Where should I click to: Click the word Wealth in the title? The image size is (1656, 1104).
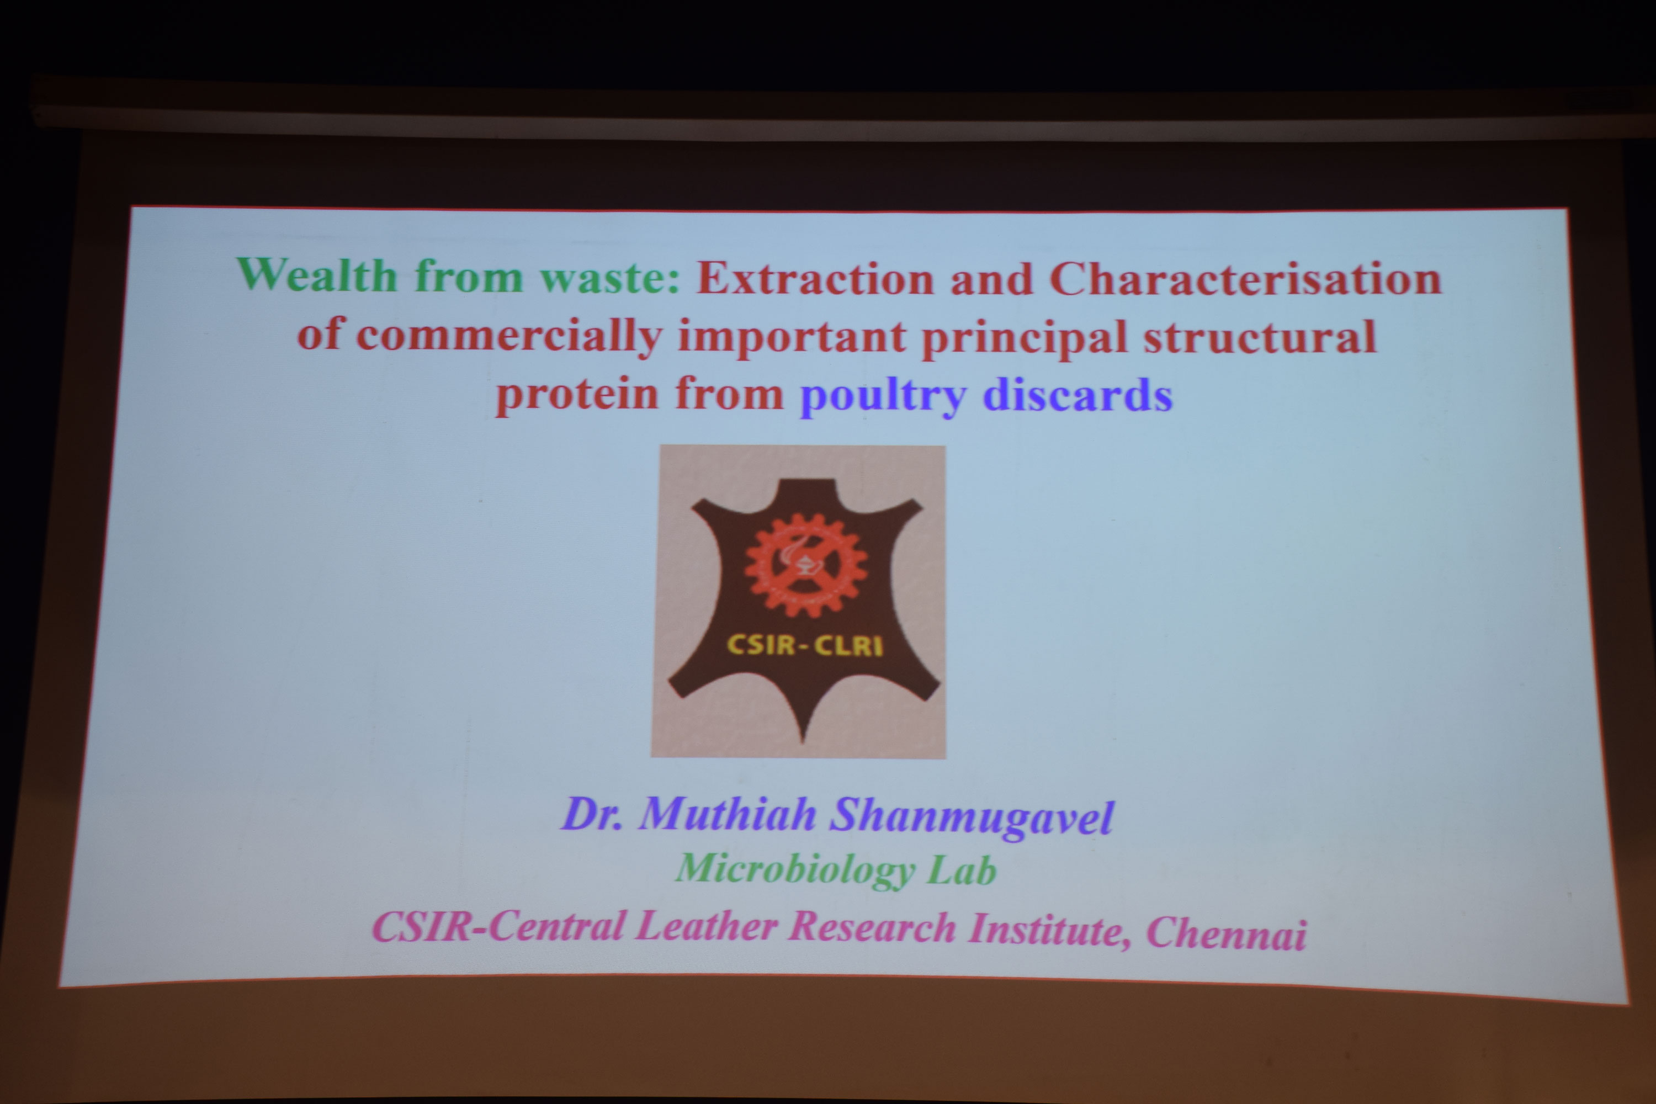click(x=317, y=274)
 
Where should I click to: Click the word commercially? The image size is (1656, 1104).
click(x=509, y=337)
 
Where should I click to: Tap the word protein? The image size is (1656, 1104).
click(x=577, y=395)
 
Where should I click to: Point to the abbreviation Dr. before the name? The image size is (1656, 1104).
click(x=591, y=815)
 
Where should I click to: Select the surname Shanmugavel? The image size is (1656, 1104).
click(x=972, y=818)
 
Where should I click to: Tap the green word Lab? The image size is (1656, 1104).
click(x=963, y=871)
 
